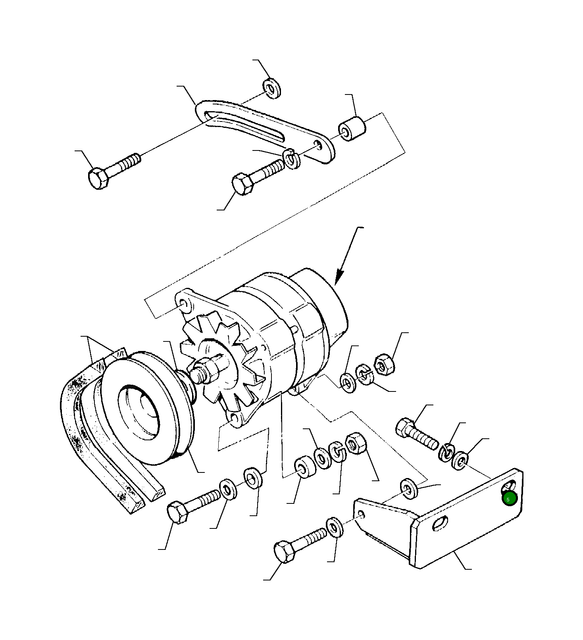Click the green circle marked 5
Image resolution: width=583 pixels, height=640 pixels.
coord(510,499)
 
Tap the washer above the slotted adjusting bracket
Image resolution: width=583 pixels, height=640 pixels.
coord(272,89)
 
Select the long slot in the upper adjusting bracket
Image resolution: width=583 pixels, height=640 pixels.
coord(246,125)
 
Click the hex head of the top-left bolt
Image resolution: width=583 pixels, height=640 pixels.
coord(98,179)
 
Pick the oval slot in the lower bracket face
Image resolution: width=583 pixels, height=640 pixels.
coord(440,523)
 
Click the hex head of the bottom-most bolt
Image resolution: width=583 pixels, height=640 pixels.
coord(284,551)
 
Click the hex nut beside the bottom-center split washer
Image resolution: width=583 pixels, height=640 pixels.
coord(356,444)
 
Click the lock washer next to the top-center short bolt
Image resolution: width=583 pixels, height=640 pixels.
coord(293,159)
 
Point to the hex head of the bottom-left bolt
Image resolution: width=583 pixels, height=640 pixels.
coord(177,513)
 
